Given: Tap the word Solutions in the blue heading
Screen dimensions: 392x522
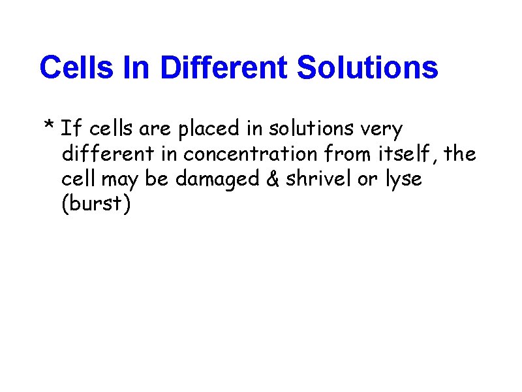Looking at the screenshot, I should point(367,67).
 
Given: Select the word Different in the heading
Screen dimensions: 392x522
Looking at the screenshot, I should point(224,67).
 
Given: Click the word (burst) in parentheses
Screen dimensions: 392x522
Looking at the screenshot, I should point(96,204).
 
